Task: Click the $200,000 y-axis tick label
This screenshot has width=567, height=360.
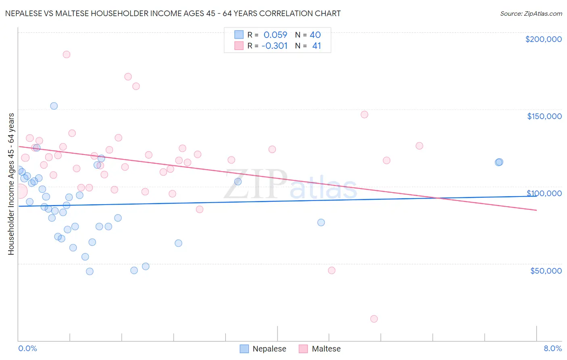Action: [x=543, y=39]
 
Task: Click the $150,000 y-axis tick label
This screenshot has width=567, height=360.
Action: [x=544, y=116]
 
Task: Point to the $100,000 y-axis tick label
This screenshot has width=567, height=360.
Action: [x=544, y=193]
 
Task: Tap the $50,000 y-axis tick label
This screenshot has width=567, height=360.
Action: [x=546, y=271]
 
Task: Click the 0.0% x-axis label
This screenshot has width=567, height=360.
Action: [x=27, y=348]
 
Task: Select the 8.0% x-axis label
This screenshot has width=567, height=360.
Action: [x=552, y=348]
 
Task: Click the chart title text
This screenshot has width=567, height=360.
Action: [x=173, y=13]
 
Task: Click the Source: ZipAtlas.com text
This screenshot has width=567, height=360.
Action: [x=531, y=13]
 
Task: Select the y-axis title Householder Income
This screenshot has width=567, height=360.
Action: [x=11, y=184]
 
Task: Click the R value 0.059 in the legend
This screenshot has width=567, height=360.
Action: [x=275, y=35]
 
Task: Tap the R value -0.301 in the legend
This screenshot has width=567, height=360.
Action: [x=274, y=46]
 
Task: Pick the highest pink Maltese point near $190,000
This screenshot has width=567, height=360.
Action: [x=67, y=54]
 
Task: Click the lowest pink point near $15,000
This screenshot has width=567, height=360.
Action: [x=374, y=319]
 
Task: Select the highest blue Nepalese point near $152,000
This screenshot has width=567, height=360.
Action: [x=54, y=106]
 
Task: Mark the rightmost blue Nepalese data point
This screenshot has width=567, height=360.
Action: [x=499, y=162]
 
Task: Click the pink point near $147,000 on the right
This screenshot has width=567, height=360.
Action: [x=365, y=115]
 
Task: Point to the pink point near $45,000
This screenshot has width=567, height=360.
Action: [x=331, y=270]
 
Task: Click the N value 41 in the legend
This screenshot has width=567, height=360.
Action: [x=317, y=46]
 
